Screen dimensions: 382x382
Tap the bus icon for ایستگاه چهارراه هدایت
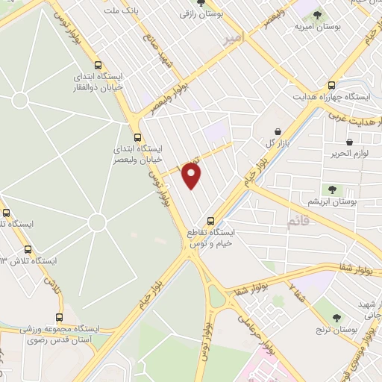332,85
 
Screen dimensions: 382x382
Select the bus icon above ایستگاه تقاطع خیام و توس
211,221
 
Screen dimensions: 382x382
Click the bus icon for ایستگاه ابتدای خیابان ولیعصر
137,137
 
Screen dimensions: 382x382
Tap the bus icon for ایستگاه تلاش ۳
28,249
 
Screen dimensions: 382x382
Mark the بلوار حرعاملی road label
254,329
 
